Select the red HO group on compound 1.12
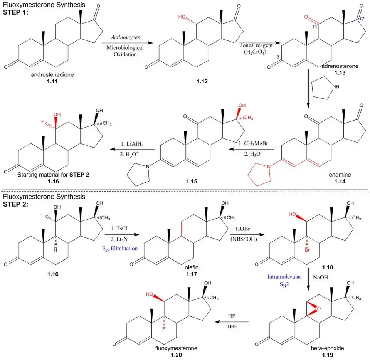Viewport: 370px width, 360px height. tap(183, 18)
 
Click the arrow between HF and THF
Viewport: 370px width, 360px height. tap(232, 322)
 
